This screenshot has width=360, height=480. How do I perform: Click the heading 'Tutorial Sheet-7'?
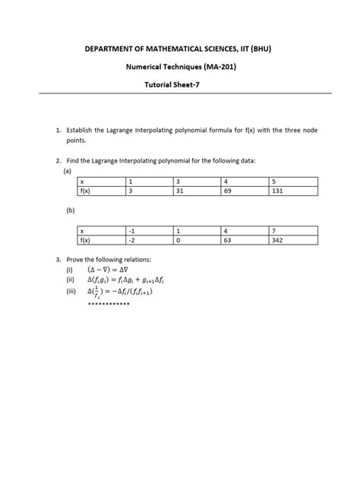(x=179, y=85)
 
